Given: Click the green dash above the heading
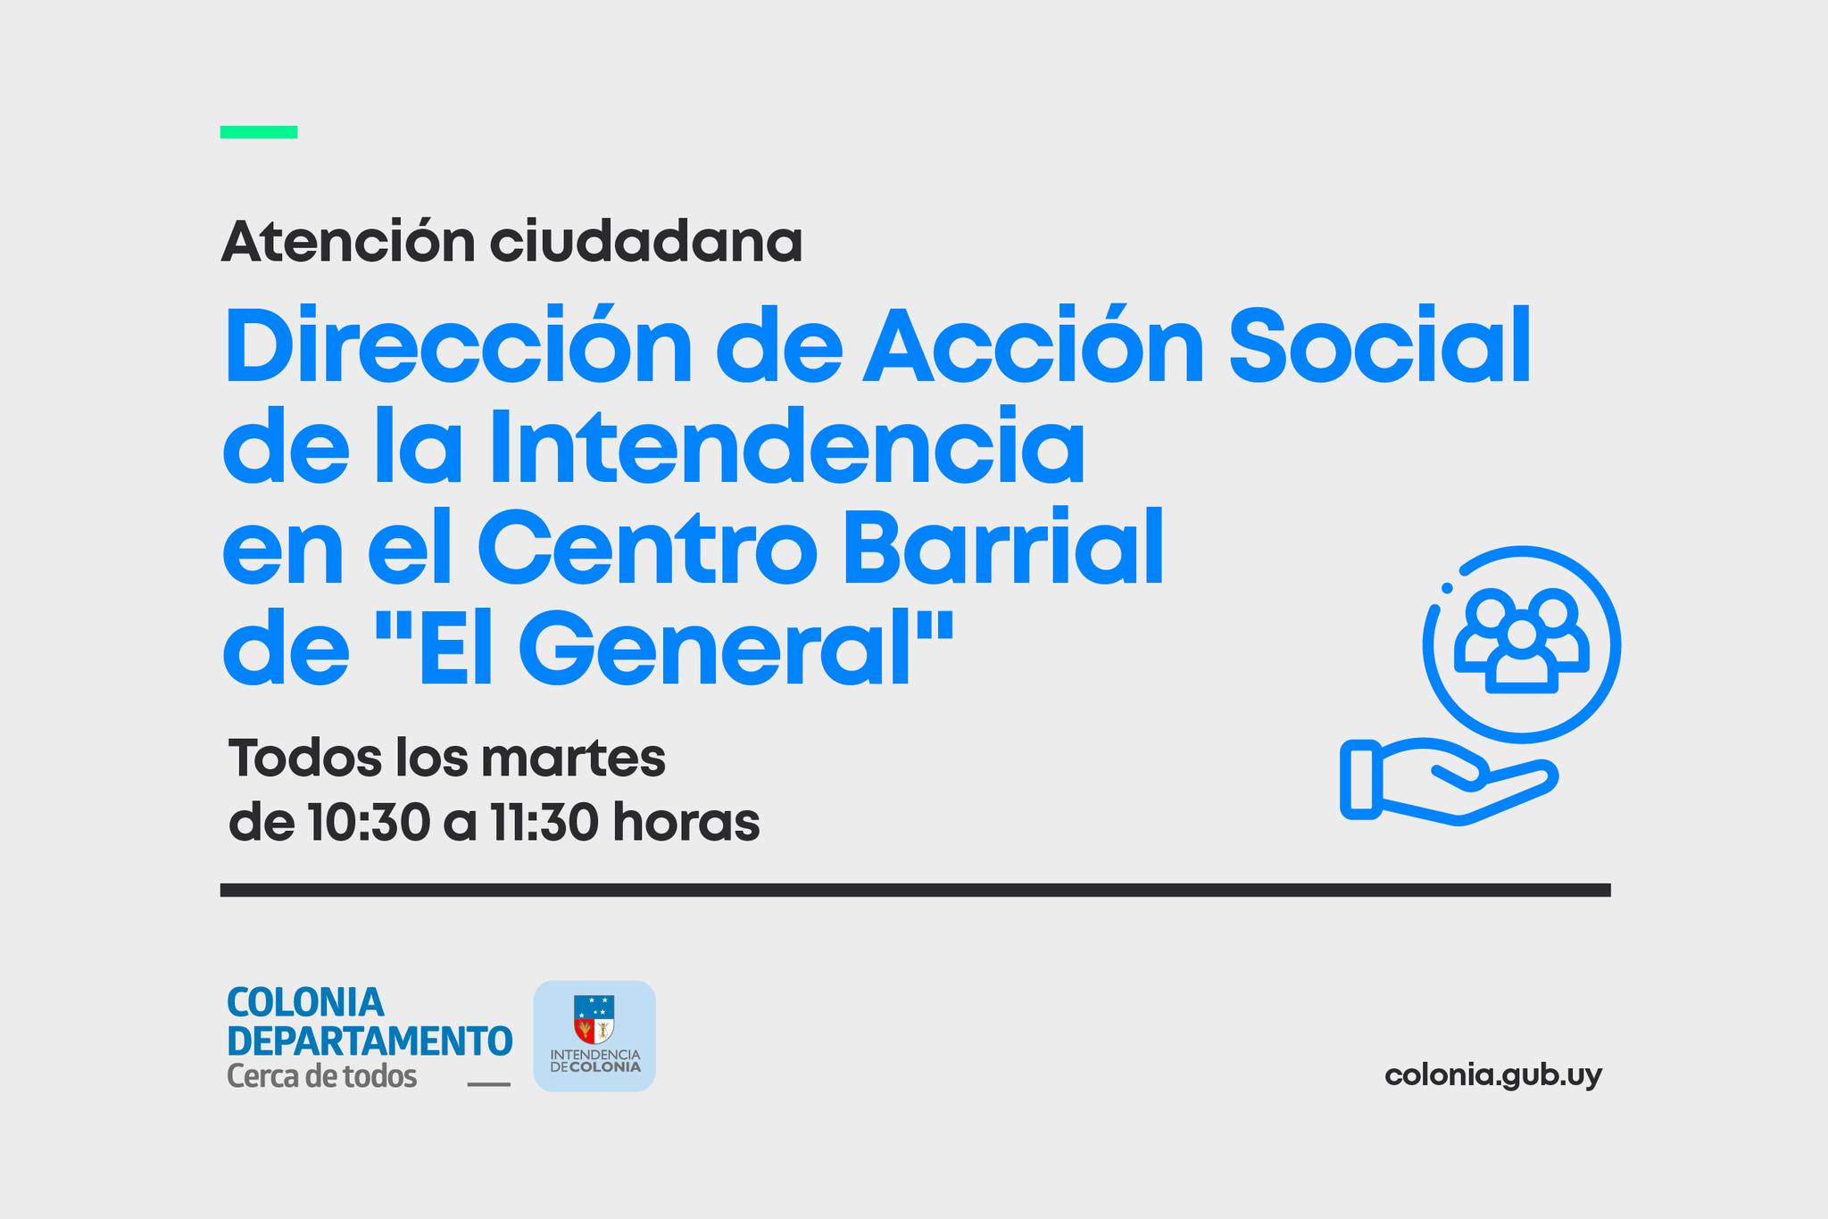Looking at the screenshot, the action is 259,132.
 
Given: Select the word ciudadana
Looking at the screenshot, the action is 645,241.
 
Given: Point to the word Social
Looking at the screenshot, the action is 1380,344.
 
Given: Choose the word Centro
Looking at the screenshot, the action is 647,546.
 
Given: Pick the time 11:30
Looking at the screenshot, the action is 544,823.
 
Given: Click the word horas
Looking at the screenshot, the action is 685,822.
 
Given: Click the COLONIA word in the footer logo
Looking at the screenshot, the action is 305,1003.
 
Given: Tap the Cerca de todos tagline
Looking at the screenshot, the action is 322,1076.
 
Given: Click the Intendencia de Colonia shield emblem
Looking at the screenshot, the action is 594,1019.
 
